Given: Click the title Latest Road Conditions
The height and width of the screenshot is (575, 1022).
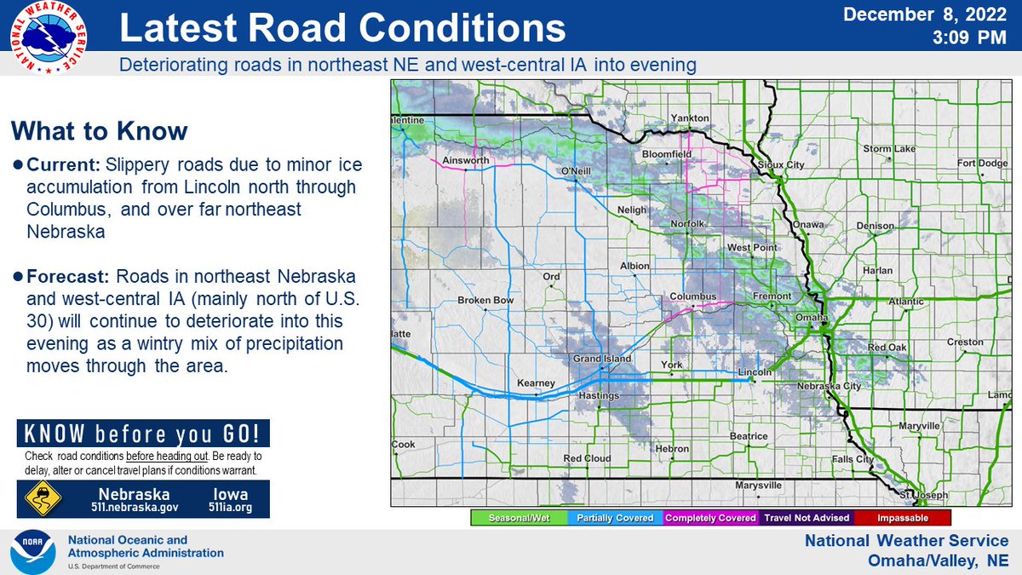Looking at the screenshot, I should click(x=342, y=29).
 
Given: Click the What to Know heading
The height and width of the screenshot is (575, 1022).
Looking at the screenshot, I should click(x=99, y=131).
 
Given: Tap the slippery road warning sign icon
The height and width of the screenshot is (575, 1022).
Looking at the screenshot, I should click(x=42, y=498).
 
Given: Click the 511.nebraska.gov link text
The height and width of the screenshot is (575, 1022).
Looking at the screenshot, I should click(x=135, y=508).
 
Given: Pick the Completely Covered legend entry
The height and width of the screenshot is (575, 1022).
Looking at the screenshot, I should click(x=710, y=517).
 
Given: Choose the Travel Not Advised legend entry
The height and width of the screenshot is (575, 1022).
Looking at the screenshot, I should click(x=807, y=517).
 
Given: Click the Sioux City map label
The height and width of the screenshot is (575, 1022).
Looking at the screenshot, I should click(x=781, y=164).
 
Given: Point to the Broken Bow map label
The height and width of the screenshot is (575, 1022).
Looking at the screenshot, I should click(x=483, y=301).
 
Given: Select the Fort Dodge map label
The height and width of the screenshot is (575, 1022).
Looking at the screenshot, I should click(x=981, y=163).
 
